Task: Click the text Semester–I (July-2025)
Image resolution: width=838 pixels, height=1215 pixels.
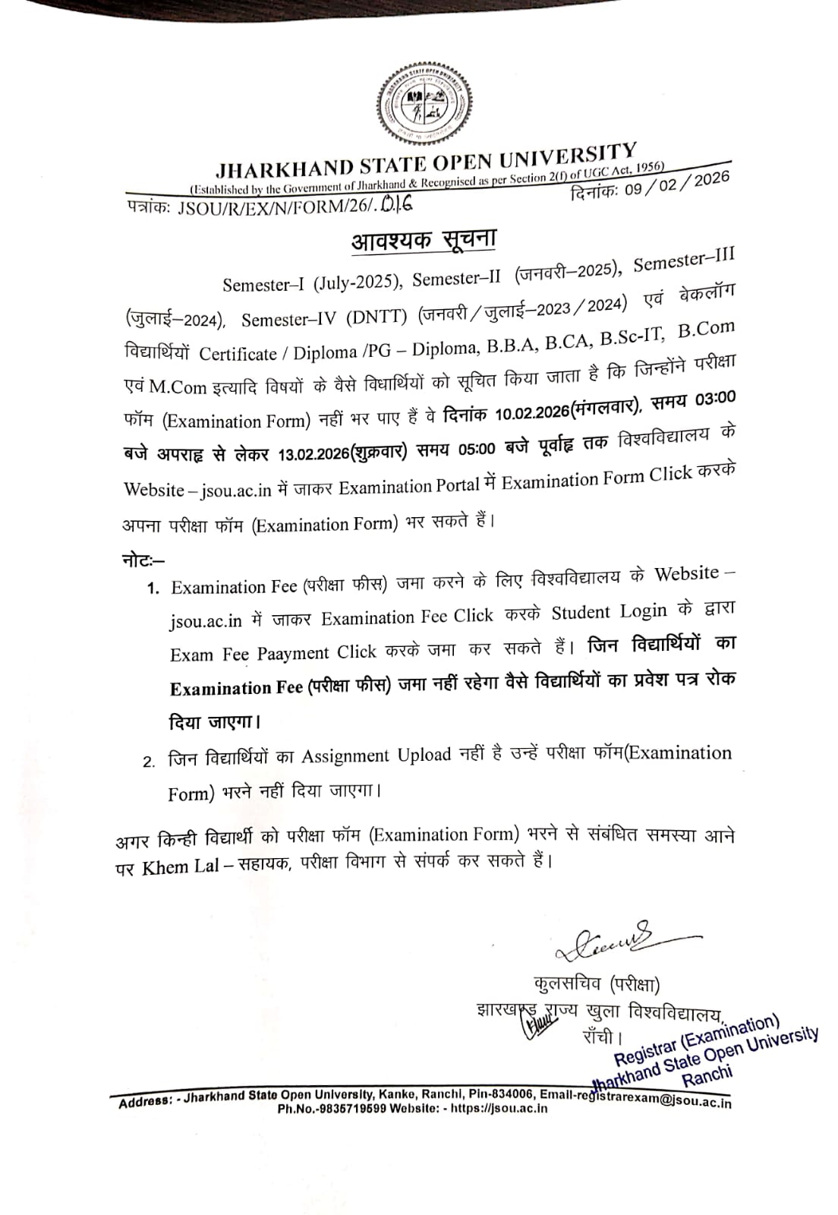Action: (311, 283)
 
